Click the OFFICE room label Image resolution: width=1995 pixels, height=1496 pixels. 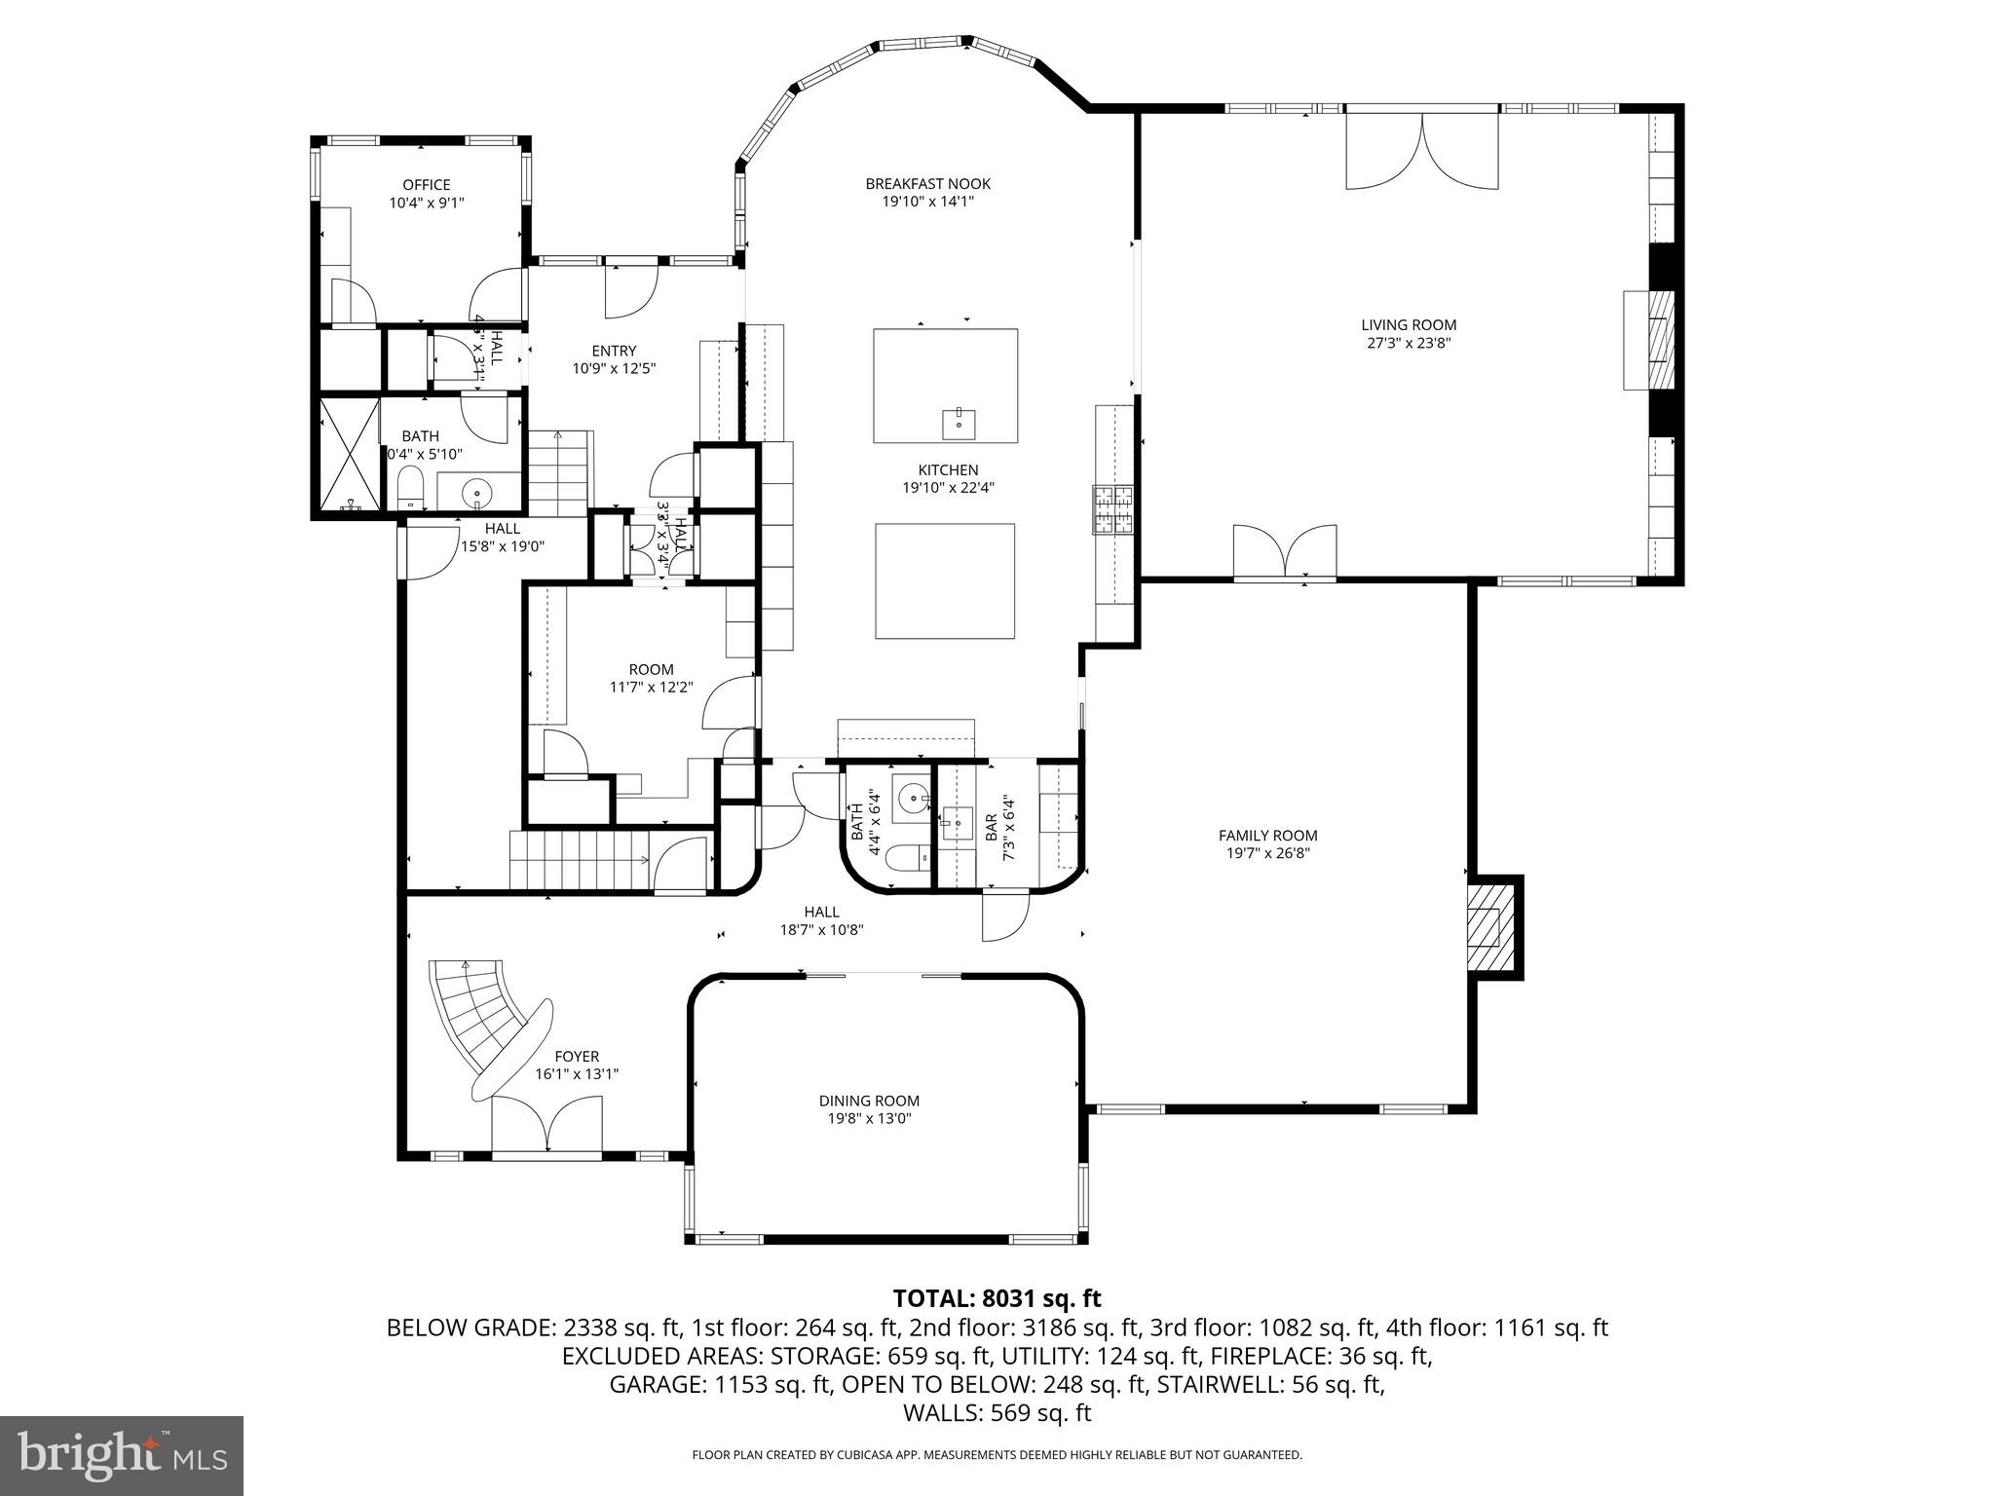427,185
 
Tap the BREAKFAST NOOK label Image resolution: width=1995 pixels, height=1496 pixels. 927,183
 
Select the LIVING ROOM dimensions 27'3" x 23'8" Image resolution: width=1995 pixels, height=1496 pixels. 1409,343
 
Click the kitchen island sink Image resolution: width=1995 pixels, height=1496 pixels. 959,424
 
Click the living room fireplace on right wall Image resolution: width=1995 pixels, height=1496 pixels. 1659,340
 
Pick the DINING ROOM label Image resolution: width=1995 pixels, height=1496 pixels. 869,1101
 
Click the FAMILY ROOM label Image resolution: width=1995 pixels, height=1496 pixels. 1267,835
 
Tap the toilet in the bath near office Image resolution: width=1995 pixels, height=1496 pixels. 410,487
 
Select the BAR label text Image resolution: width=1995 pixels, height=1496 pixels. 991,828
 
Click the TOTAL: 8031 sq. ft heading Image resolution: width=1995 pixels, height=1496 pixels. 997,1298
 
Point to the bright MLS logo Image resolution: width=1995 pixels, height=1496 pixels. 122,1455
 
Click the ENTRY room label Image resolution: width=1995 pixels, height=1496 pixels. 614,351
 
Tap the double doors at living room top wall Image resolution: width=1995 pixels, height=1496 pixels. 1422,151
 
